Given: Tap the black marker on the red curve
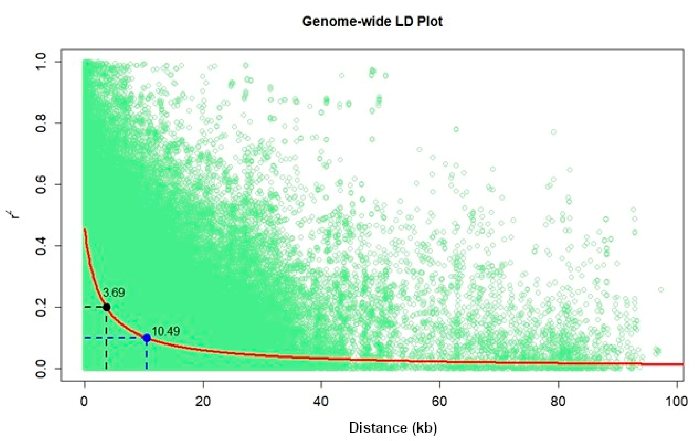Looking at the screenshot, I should (107, 307).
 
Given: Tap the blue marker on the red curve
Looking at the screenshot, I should (147, 338).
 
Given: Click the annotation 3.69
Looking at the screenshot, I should (114, 293).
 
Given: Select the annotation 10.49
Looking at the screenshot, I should (166, 331).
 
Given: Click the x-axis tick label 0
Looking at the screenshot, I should (84, 402).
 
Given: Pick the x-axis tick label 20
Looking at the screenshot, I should (203, 402).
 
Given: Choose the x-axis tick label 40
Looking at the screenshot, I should (321, 402).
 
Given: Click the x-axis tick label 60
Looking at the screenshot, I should (440, 402).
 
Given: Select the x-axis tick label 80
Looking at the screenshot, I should (558, 402).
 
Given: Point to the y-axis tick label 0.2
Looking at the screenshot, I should (41, 307).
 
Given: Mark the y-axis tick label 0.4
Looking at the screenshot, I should (41, 246).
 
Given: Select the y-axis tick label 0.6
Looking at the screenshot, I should (41, 184).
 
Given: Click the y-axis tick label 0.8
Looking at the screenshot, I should (41, 123).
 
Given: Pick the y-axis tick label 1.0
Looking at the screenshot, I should (41, 61).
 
